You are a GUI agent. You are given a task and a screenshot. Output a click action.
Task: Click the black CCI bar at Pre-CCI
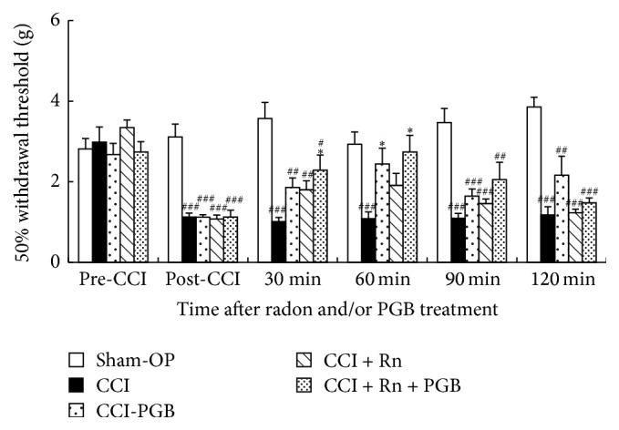click(x=99, y=201)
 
